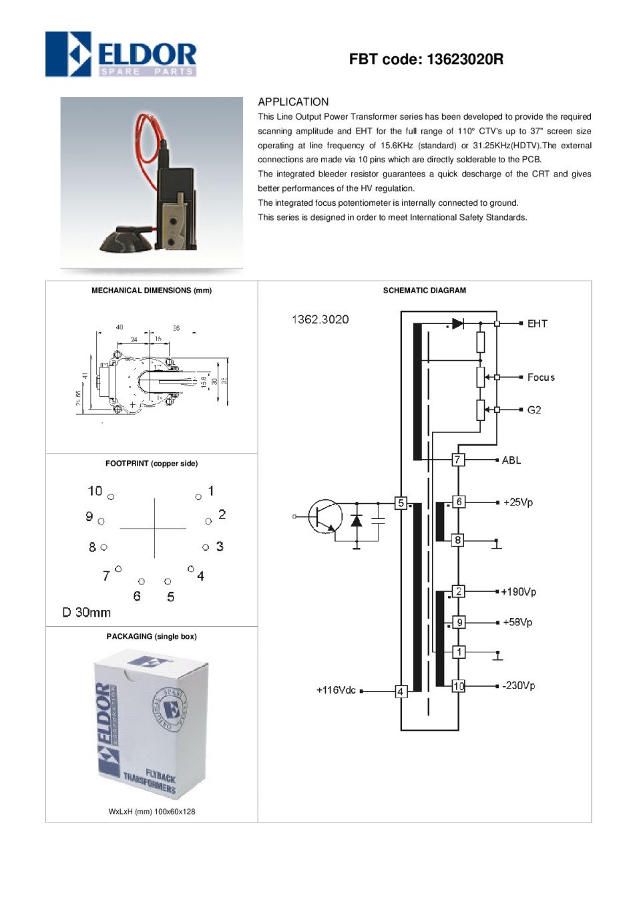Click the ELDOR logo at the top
tap(121, 54)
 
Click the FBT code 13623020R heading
tap(426, 59)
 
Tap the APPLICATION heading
tap(293, 102)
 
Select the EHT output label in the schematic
tap(537, 323)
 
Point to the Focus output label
tap(541, 378)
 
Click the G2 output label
tap(534, 410)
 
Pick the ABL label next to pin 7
tap(511, 460)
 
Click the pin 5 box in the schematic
tap(401, 503)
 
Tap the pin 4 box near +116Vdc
tap(401, 692)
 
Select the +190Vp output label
tap(518, 591)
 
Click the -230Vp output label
tap(518, 686)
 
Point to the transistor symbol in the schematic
tap(325, 516)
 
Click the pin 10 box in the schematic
tap(459, 686)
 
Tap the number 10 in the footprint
tap(95, 491)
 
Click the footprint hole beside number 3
tap(206, 547)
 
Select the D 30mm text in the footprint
tap(87, 612)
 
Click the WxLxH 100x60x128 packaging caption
tap(152, 811)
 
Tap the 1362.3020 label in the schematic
tap(321, 319)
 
